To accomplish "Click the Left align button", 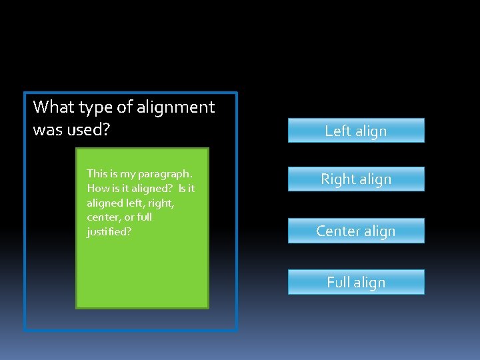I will click(355, 131).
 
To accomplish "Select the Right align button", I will click(355, 179).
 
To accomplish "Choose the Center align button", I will click(355, 231).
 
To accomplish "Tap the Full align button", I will click(355, 282).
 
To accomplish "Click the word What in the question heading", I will click(54, 107).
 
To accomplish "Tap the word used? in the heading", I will click(88, 129).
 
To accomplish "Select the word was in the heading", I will click(47, 129).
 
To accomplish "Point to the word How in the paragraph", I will click(97, 188).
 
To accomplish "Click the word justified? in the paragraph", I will click(109, 232).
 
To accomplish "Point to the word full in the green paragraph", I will click(143, 217).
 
